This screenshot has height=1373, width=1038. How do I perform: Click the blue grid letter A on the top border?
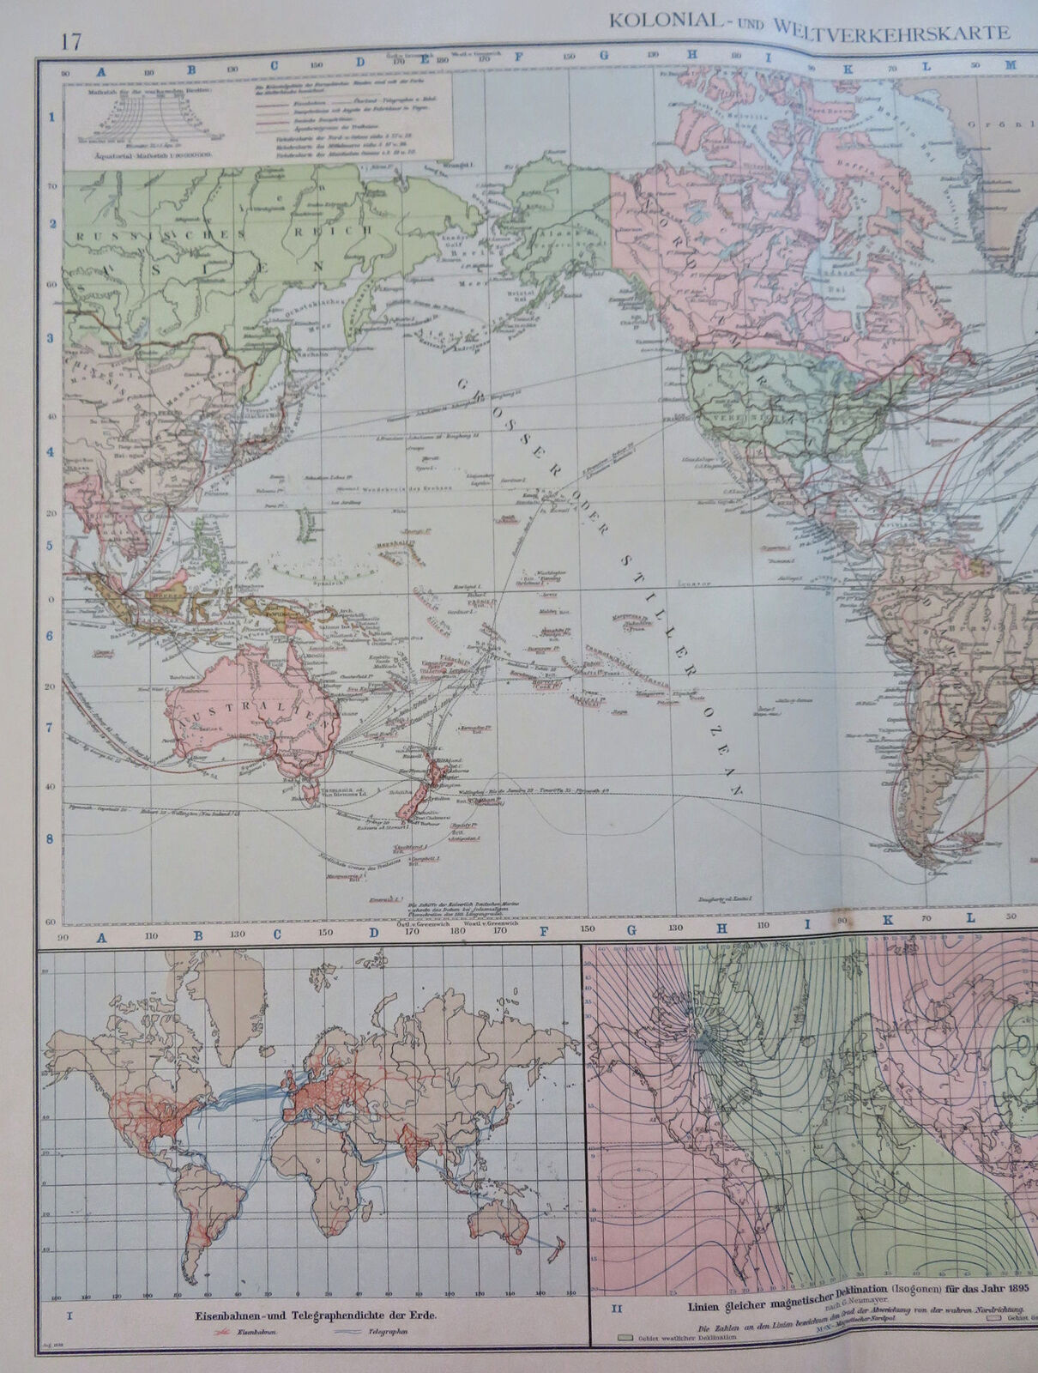(x=100, y=75)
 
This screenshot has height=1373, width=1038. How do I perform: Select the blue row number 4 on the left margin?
(x=50, y=451)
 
